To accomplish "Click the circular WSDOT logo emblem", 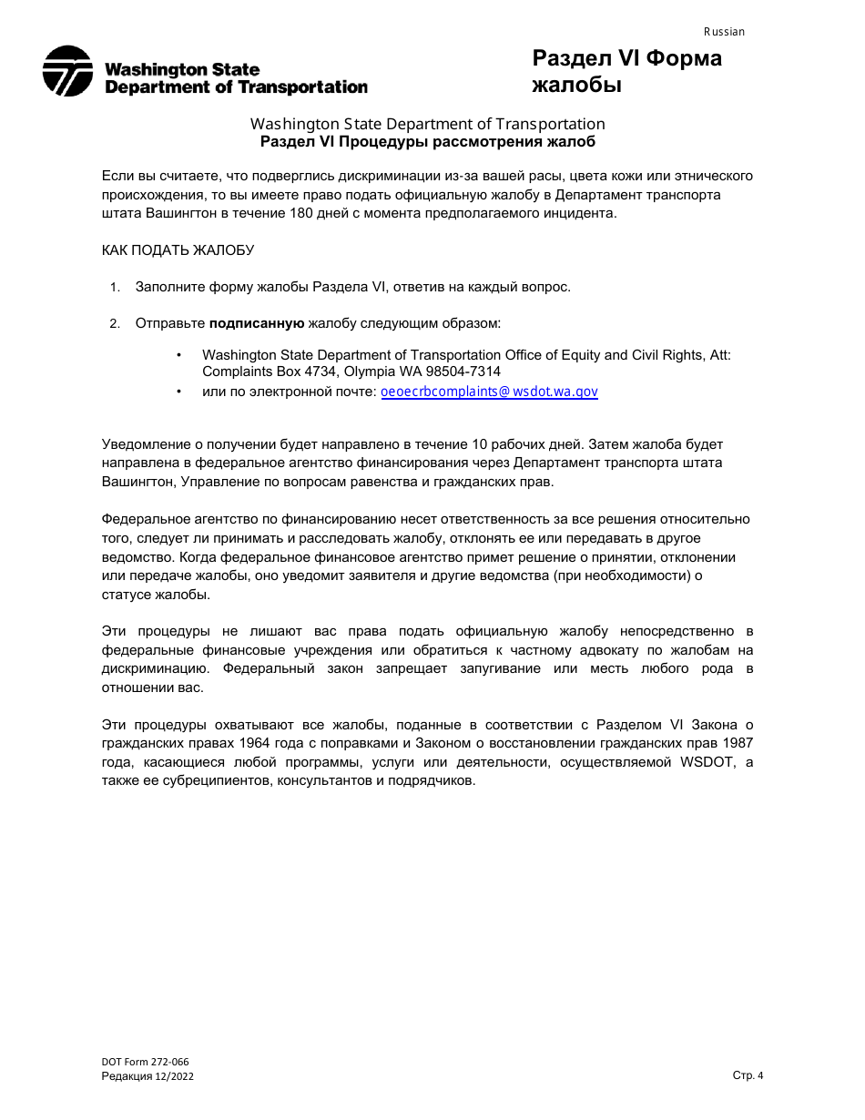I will (x=67, y=71).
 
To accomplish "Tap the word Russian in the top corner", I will (x=724, y=32).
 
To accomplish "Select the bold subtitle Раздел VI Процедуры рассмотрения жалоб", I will (x=427, y=141).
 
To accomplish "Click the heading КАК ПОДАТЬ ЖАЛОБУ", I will (x=178, y=250).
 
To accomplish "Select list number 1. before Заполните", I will (x=115, y=288).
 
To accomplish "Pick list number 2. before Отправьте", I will (x=115, y=324).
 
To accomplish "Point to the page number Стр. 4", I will (x=748, y=1075).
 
